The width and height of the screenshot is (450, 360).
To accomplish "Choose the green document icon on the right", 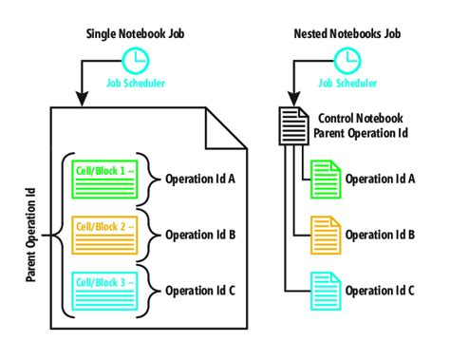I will (326, 178).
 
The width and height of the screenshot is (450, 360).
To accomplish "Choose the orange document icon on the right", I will (326, 232).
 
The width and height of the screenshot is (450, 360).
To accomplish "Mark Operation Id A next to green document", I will (380, 179).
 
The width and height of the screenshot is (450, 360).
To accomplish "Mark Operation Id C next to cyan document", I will (380, 290).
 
